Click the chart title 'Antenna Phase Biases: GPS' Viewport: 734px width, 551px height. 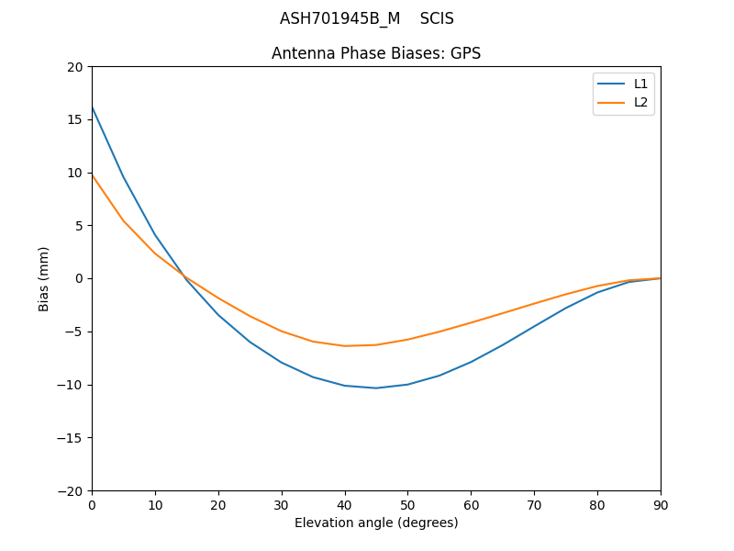coord(376,53)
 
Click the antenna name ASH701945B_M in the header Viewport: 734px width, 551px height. coord(339,18)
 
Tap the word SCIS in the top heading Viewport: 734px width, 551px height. coord(437,18)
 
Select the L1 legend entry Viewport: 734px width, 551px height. coord(640,84)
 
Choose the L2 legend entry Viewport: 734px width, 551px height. coord(640,102)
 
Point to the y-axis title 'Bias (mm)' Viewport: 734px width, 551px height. coord(44,278)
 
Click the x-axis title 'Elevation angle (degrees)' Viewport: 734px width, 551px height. coord(376,523)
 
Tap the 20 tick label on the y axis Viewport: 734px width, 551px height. coord(75,67)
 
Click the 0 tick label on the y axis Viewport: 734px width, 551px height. coord(79,278)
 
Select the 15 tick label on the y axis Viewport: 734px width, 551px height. coord(75,119)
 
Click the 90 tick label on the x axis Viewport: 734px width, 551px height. coord(661,504)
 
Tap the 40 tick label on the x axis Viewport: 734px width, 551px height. coord(345,504)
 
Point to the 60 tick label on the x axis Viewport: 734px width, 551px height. coord(471,504)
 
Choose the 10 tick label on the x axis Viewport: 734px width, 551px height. coord(155,504)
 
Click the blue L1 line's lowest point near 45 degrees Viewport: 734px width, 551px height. coord(376,388)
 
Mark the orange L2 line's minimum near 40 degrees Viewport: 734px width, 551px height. coord(345,346)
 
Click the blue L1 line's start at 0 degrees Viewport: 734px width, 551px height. coord(92,107)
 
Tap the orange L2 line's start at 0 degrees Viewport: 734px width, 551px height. coord(92,174)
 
